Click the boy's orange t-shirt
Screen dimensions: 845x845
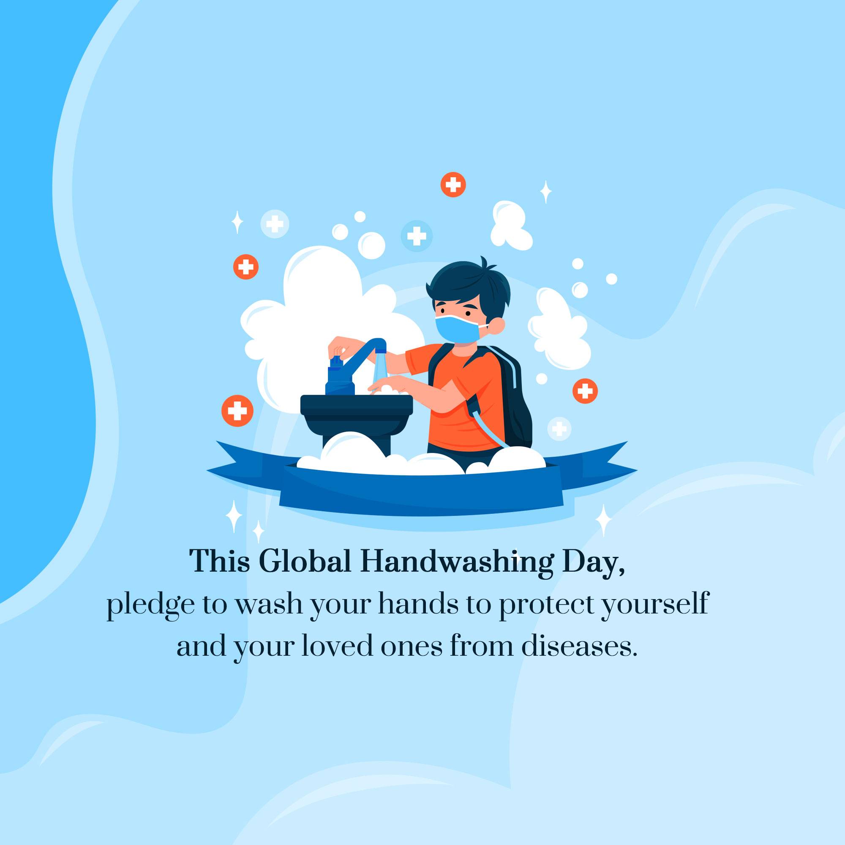point(459,402)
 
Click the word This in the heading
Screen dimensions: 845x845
point(220,562)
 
